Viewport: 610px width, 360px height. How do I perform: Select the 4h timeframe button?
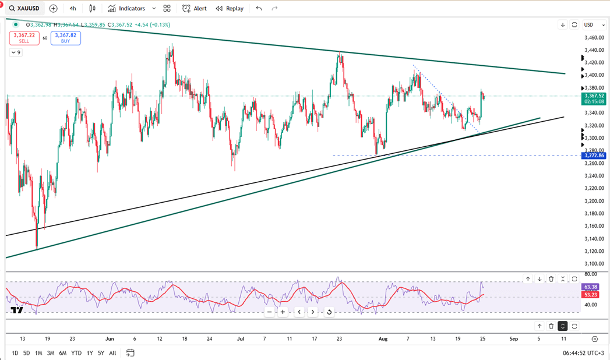pos(72,9)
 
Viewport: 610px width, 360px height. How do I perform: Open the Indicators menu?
pos(126,9)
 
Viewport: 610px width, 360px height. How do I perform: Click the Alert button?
pos(195,9)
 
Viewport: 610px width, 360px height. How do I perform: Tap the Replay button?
pos(230,9)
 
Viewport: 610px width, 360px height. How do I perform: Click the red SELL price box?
pos(24,38)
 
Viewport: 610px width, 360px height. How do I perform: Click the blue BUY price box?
pos(65,38)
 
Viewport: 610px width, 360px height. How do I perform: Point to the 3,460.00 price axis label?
pos(594,38)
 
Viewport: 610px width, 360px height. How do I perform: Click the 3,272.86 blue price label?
pos(594,156)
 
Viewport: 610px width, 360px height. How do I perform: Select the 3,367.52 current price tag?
pos(594,96)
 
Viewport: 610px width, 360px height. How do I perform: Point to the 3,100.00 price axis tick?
pos(594,264)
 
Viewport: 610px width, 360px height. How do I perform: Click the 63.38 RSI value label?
pos(590,287)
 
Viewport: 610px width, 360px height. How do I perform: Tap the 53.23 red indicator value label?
pos(590,295)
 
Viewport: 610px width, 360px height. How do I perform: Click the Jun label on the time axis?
pos(109,338)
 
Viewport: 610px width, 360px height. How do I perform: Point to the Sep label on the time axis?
pos(513,338)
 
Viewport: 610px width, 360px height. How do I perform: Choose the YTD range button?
pos(76,353)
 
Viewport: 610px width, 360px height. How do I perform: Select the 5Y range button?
pos(101,353)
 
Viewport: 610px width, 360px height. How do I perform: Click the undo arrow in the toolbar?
pos(259,9)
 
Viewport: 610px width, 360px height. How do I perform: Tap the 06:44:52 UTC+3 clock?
pos(583,353)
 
